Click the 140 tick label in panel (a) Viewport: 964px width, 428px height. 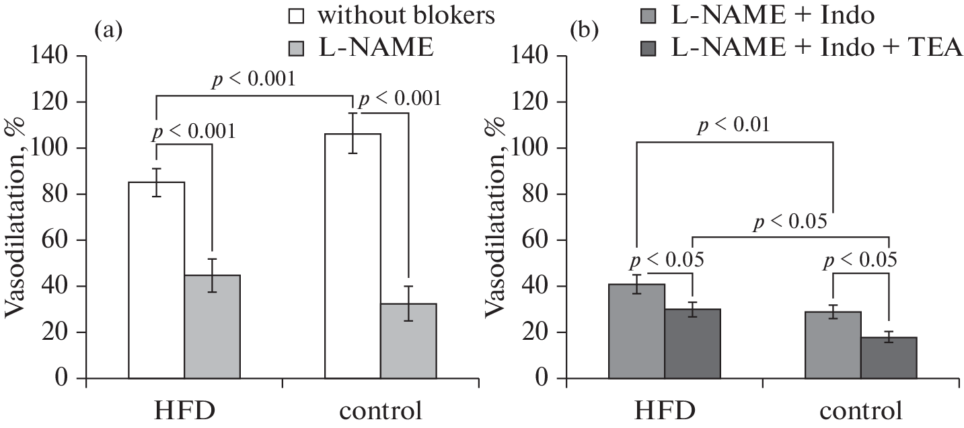click(48, 56)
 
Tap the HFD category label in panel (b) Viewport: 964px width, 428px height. click(664, 410)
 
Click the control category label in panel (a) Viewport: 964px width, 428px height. click(381, 410)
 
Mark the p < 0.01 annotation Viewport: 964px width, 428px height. click(733, 125)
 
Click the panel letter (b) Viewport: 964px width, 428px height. click(582, 30)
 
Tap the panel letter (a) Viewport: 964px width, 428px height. click(108, 30)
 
